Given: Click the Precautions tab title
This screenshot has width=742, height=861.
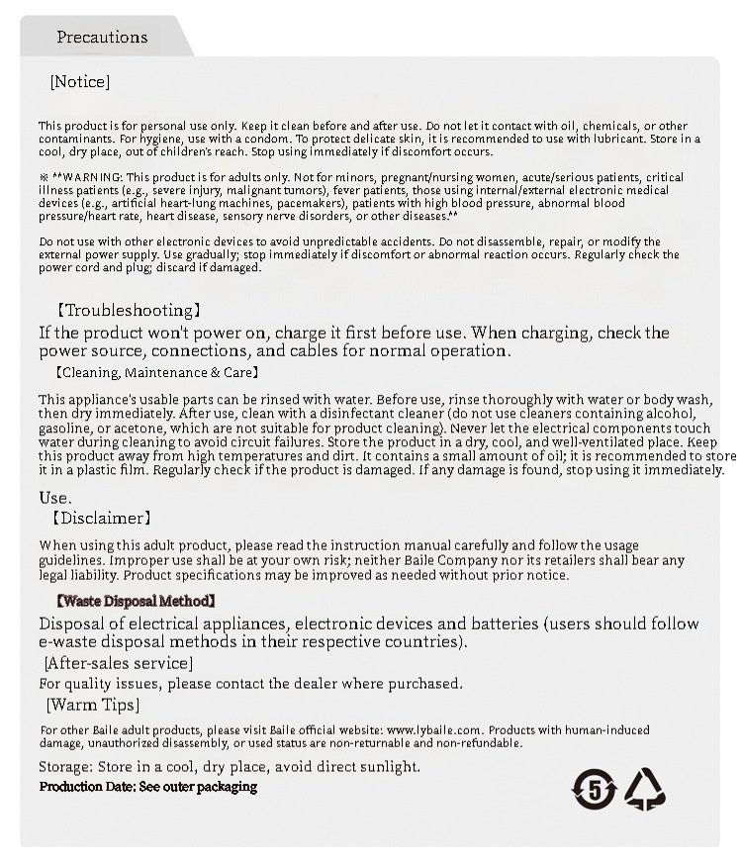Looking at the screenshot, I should coord(102,38).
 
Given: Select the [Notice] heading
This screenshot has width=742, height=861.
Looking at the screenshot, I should coord(79,82).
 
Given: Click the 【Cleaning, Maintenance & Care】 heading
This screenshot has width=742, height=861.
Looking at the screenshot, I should coord(156,373).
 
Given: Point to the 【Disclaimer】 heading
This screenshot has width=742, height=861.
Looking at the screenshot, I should coord(100,518).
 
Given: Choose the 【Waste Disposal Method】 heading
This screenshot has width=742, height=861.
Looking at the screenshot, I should coord(135,601).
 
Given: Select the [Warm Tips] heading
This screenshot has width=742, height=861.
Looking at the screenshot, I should coord(93,705).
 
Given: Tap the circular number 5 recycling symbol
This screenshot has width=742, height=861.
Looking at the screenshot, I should coord(595,788).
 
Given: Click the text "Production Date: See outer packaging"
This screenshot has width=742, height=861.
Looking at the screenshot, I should coord(148,787).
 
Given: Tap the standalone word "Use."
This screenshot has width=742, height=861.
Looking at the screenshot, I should coord(55,497).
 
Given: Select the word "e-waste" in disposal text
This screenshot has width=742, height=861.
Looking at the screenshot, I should coord(68,641).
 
